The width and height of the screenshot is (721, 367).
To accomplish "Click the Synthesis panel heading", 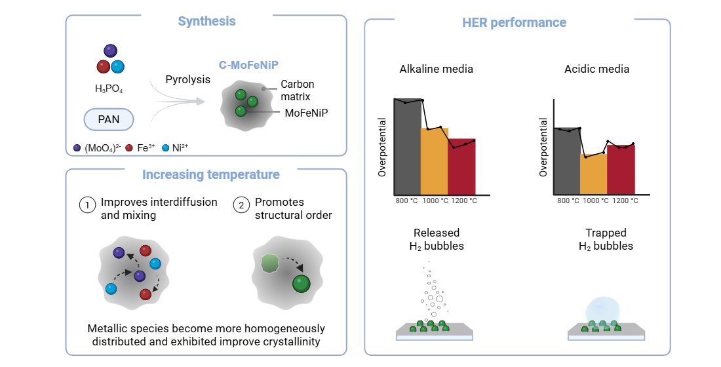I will click(x=206, y=22).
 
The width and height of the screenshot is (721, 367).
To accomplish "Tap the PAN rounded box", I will click(x=109, y=119).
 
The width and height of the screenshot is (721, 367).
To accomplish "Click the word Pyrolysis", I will click(x=188, y=79).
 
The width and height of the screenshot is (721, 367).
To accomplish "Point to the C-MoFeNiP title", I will click(x=248, y=66).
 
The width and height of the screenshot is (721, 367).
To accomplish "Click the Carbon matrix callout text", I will click(x=297, y=90).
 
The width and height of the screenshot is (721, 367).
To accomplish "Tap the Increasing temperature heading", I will click(x=211, y=174).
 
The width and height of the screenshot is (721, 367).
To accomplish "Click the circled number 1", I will click(x=87, y=204).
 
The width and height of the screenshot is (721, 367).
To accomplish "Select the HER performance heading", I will click(x=514, y=23).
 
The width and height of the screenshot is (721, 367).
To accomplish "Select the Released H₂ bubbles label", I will click(x=437, y=239).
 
